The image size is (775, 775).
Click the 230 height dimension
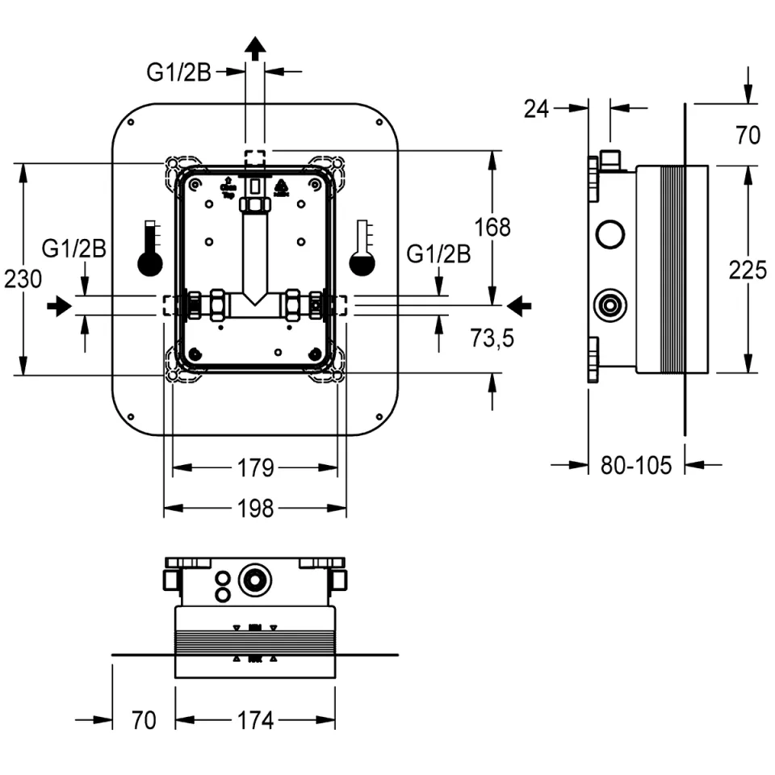click(23, 280)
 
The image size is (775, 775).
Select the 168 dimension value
click(492, 228)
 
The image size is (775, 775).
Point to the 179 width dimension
click(255, 467)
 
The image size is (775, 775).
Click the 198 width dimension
click(255, 509)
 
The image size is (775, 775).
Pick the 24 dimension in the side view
click(536, 108)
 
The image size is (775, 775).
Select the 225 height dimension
click(748, 270)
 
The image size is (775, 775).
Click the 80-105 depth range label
click(637, 465)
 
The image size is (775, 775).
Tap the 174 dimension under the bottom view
click(256, 720)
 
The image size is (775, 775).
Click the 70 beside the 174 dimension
click(143, 720)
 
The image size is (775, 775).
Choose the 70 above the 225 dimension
click(748, 135)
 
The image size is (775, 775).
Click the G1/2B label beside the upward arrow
click(178, 73)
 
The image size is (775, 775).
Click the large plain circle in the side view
click(610, 235)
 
